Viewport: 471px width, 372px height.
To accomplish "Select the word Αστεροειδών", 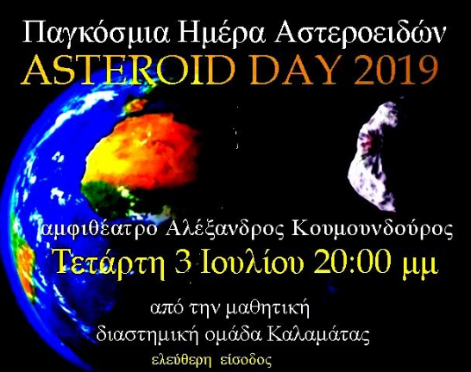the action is pyautogui.click(x=360, y=33).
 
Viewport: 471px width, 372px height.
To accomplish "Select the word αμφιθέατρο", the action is pyautogui.click(x=98, y=230).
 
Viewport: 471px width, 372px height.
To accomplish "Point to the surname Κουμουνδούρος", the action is pyautogui.click(x=372, y=229).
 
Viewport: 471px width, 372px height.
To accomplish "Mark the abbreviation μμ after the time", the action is pyautogui.click(x=421, y=263).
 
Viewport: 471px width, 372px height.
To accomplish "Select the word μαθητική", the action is pyautogui.click(x=267, y=309).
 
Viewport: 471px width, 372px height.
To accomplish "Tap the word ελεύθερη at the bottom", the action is pyautogui.click(x=180, y=360).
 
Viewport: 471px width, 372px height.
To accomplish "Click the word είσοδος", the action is pyautogui.click(x=246, y=360).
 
